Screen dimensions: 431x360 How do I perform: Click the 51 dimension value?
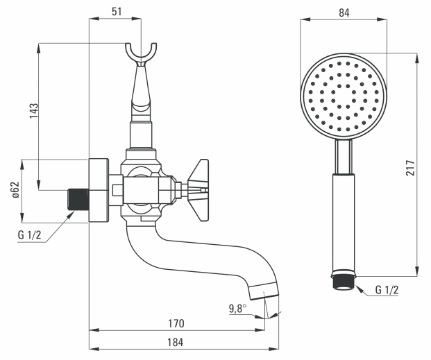(117, 12)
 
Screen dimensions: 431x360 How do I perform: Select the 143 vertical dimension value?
(34, 111)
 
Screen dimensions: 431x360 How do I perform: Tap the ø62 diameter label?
(16, 189)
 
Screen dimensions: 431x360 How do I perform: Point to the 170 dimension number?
(176, 323)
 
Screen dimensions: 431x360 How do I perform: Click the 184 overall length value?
(176, 343)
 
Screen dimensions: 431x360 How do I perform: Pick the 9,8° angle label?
(238, 309)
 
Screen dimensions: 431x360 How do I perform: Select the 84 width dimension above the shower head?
(344, 12)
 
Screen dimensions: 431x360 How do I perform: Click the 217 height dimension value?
(410, 168)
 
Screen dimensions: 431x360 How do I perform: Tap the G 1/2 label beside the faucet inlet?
(29, 235)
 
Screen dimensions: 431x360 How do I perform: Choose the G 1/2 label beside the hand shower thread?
(387, 290)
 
